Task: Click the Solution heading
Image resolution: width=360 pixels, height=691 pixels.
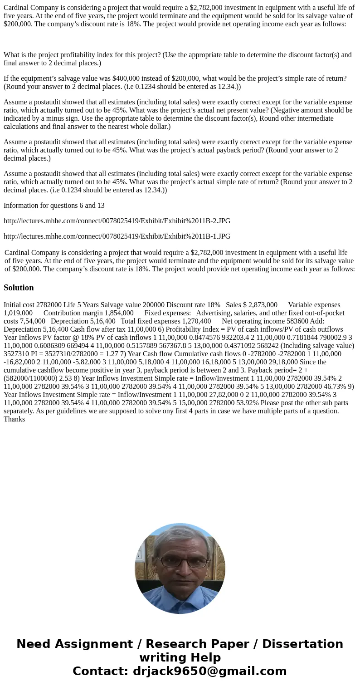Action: coord(19,288)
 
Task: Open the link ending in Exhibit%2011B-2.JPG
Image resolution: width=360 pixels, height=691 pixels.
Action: coord(117,221)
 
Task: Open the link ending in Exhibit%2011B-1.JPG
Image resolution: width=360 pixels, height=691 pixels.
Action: coord(117,236)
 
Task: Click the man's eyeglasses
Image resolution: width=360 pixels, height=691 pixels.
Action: coord(180,562)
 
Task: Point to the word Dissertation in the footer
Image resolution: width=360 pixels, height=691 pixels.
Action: coord(302,644)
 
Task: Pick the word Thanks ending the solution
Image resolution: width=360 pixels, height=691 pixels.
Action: coord(14,419)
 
